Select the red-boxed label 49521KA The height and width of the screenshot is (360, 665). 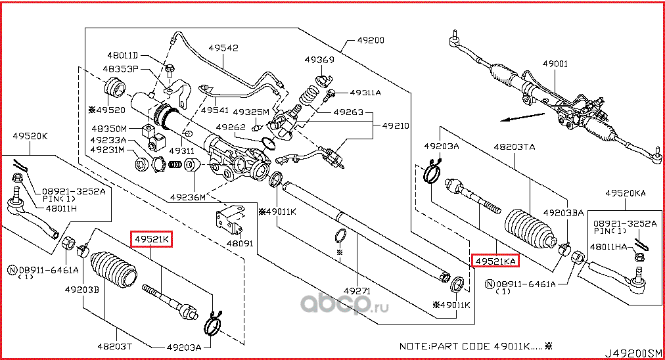click(495, 261)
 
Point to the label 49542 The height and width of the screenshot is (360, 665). click(224, 48)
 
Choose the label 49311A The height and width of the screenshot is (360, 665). click(365, 93)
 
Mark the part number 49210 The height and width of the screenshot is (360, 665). click(396, 125)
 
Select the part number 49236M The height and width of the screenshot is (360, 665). click(187, 196)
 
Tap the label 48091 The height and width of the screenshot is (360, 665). click(240, 242)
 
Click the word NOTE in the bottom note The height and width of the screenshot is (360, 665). click(413, 346)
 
